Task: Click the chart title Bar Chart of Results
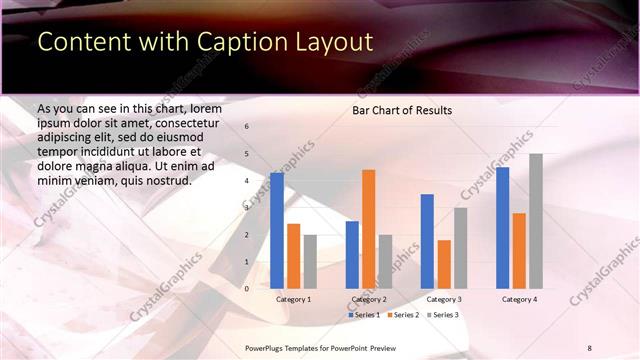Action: tap(402, 110)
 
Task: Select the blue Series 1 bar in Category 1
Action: tap(277, 230)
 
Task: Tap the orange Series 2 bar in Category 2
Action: tap(368, 229)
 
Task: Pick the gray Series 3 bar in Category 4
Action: tap(536, 221)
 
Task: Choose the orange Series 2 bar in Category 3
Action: tap(444, 264)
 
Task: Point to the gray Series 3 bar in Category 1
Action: tap(310, 261)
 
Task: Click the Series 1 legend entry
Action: tap(364, 315)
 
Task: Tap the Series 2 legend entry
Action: tap(402, 315)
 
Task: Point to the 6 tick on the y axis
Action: tap(247, 127)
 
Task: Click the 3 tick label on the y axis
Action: tap(247, 208)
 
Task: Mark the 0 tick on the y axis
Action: tap(247, 289)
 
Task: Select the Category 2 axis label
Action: tap(369, 299)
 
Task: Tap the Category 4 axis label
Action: tap(519, 299)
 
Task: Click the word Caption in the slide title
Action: tap(241, 41)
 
